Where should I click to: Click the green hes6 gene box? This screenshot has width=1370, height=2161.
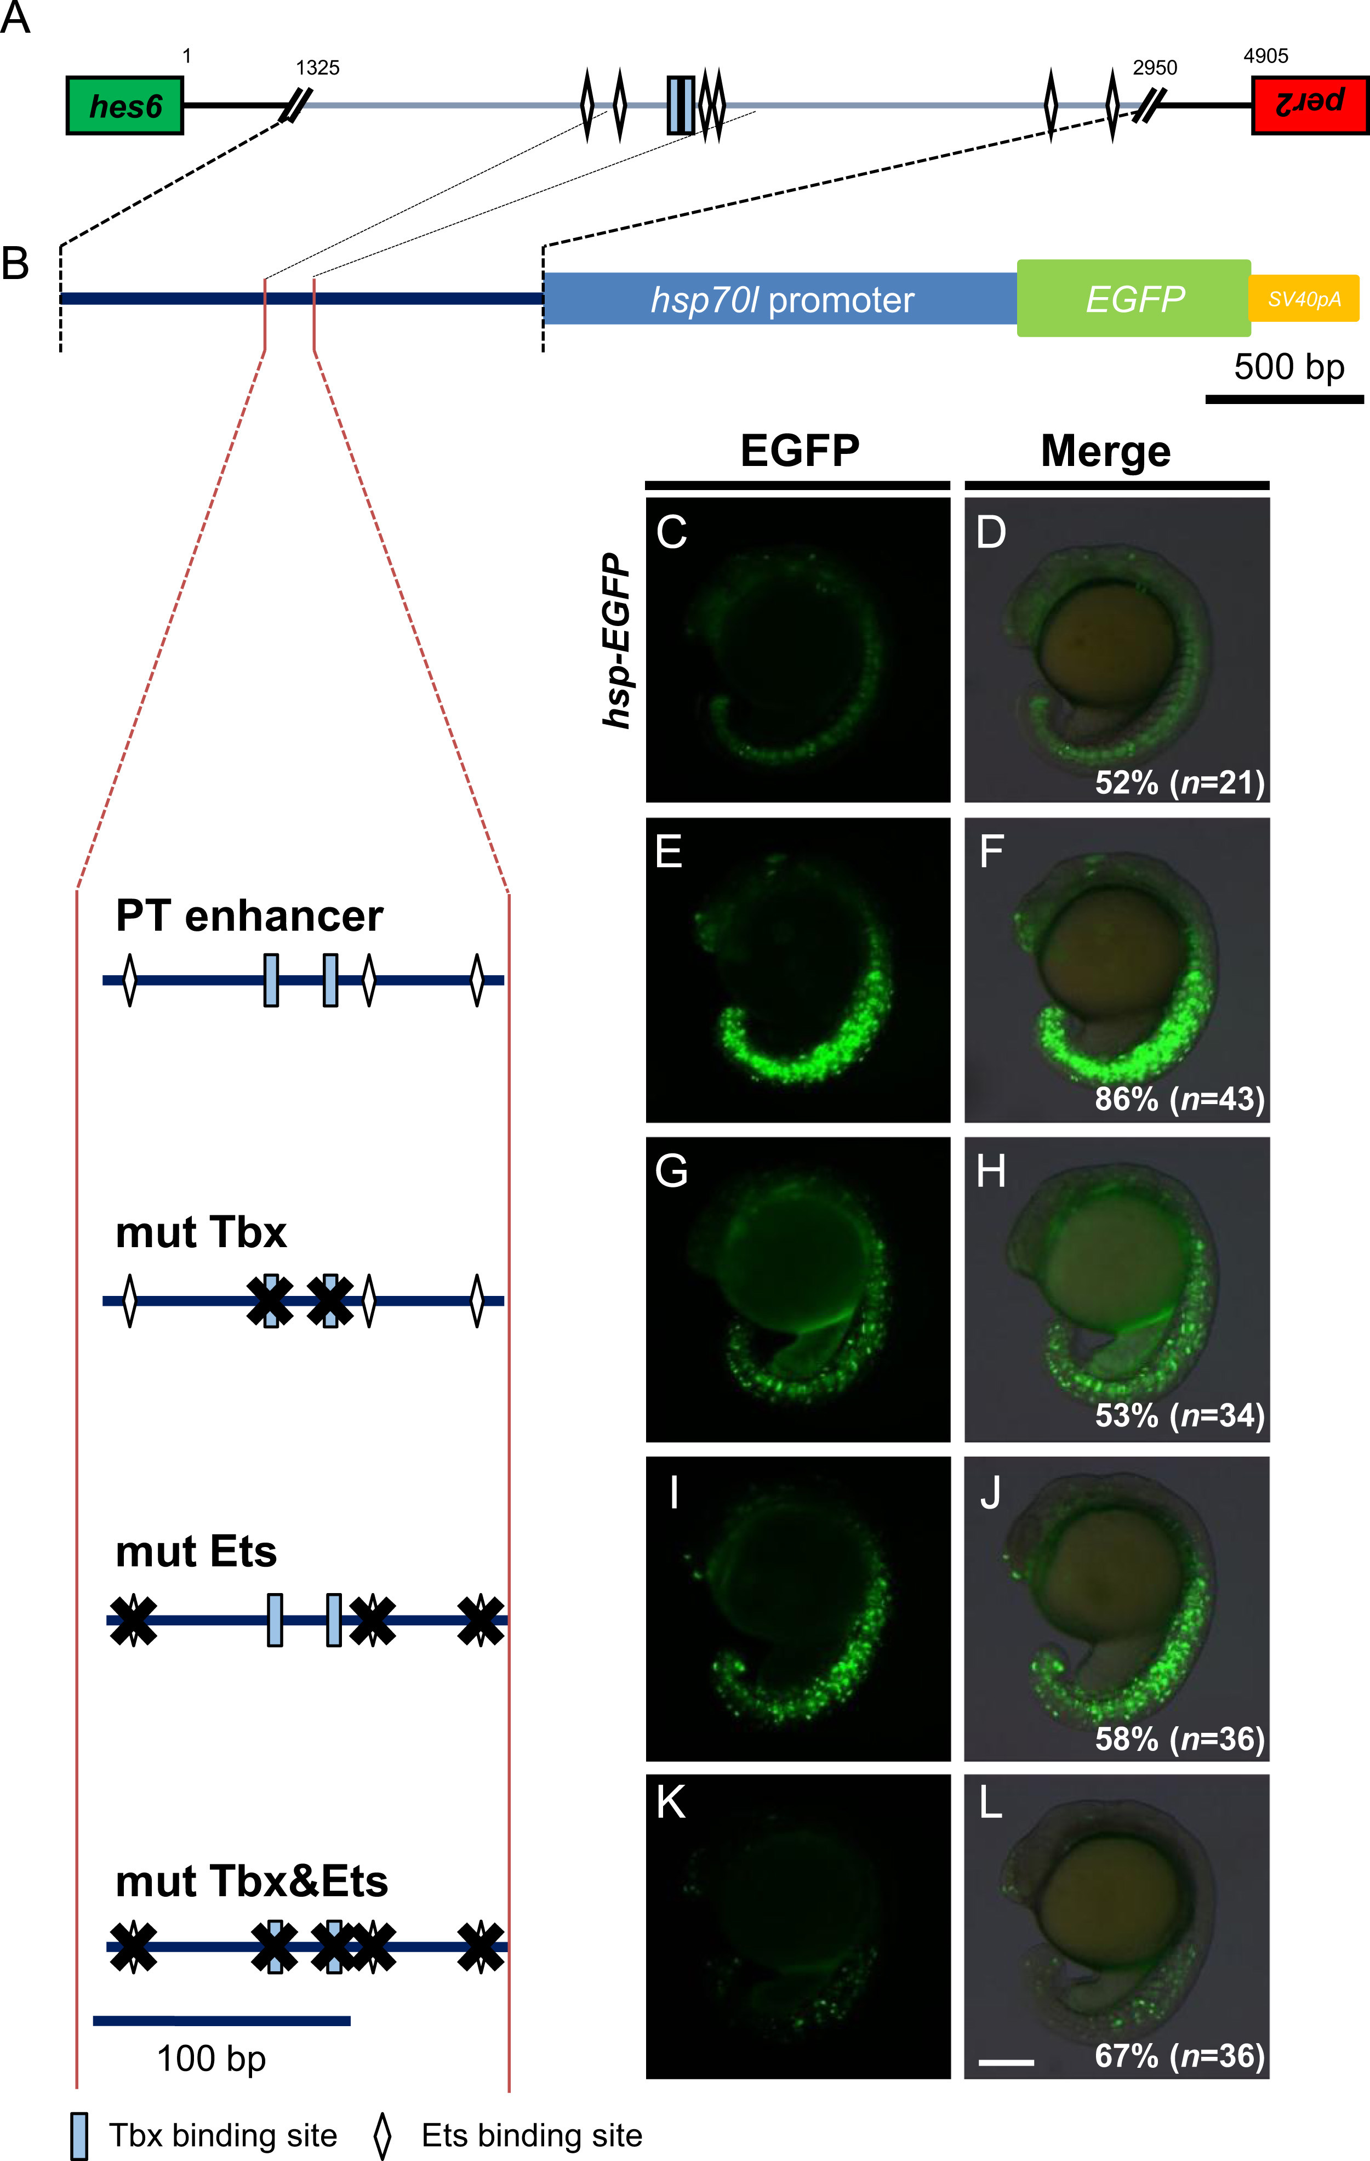coord(125,106)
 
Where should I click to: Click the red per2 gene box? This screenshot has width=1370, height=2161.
coord(1310,106)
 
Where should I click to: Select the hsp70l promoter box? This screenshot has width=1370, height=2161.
coord(780,299)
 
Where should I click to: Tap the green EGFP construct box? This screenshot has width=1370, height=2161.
coord(1134,298)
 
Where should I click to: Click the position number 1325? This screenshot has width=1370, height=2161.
coord(318,67)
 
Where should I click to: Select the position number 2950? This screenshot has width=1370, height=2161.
coord(1155,67)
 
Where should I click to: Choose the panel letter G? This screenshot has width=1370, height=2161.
coord(671,1171)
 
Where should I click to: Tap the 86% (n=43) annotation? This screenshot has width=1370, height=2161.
coord(1179,1099)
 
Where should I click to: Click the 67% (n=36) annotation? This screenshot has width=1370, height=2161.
coord(1179,2055)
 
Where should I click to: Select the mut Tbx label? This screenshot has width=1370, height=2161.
coord(201,1232)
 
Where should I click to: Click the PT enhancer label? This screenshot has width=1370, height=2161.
coord(249,916)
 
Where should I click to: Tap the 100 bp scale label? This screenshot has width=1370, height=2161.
coord(211,2058)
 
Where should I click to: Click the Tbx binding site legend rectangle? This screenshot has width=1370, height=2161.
coord(79,2136)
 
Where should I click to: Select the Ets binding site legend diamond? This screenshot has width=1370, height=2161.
coord(383,2136)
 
